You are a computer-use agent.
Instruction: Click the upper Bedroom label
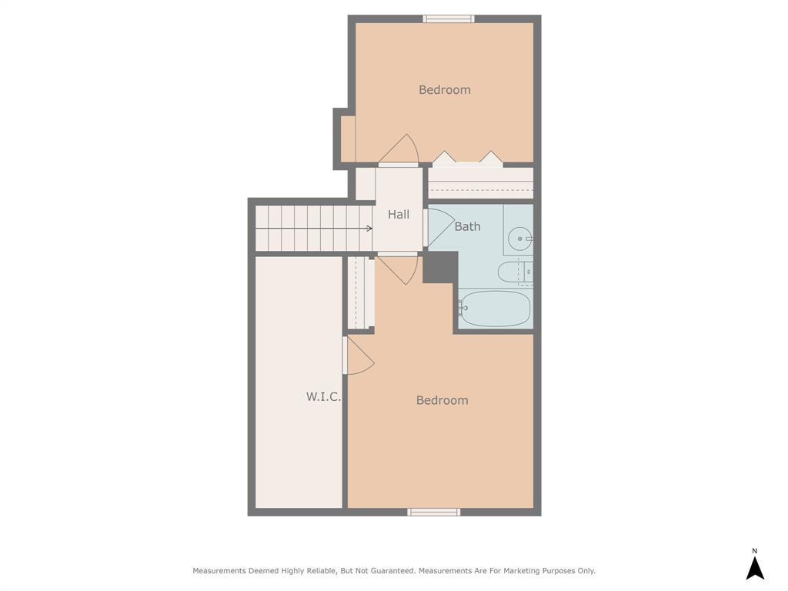(444, 90)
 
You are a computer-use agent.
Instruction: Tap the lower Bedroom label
(442, 400)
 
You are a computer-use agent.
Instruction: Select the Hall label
(399, 215)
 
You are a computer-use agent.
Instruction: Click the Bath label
(467, 226)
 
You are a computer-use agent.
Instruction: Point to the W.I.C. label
(323, 397)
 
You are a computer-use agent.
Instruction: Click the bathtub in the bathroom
(496, 309)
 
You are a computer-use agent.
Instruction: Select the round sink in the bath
(520, 239)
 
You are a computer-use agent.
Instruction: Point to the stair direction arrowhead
(369, 229)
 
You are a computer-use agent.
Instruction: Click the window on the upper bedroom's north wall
(448, 18)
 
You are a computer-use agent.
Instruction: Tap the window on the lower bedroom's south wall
(434, 512)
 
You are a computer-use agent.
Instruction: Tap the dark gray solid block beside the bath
(439, 266)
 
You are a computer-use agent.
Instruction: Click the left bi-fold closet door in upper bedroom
(444, 159)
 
